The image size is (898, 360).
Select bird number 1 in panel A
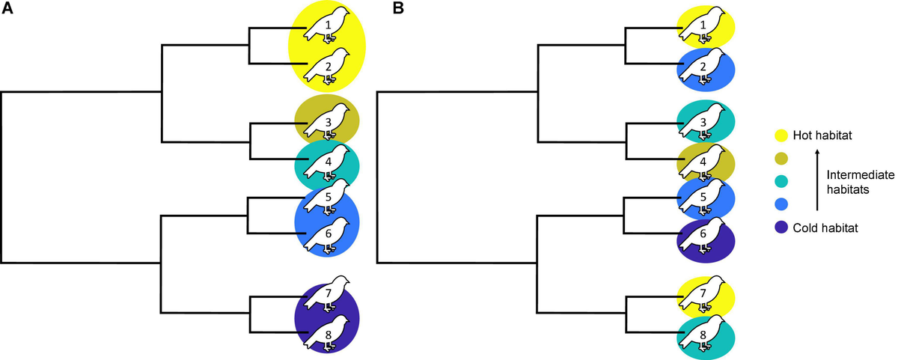(x=328, y=25)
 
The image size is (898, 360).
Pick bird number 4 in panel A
(x=328, y=162)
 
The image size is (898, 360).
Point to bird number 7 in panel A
(x=328, y=293)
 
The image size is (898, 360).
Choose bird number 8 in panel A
(x=328, y=332)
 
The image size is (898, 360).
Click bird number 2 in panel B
(x=703, y=68)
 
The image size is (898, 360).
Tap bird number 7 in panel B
(x=703, y=293)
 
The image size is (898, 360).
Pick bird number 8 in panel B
(x=703, y=332)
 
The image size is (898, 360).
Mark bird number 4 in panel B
(x=703, y=162)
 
